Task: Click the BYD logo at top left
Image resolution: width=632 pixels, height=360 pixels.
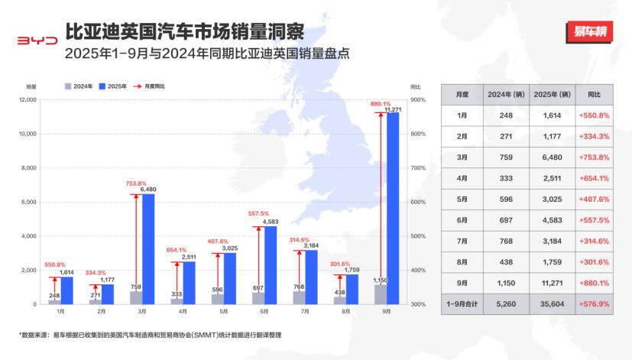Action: [x=37, y=41]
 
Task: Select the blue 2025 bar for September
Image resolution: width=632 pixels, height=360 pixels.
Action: [x=393, y=208]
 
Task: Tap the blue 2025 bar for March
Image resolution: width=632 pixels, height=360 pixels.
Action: [x=148, y=248]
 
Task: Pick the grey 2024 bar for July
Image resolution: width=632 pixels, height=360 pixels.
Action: [x=299, y=297]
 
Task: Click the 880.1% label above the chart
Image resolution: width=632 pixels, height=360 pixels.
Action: [x=380, y=103]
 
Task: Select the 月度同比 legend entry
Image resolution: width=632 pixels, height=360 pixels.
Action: [x=150, y=86]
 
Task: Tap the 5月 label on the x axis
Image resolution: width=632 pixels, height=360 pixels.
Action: [x=222, y=311]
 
